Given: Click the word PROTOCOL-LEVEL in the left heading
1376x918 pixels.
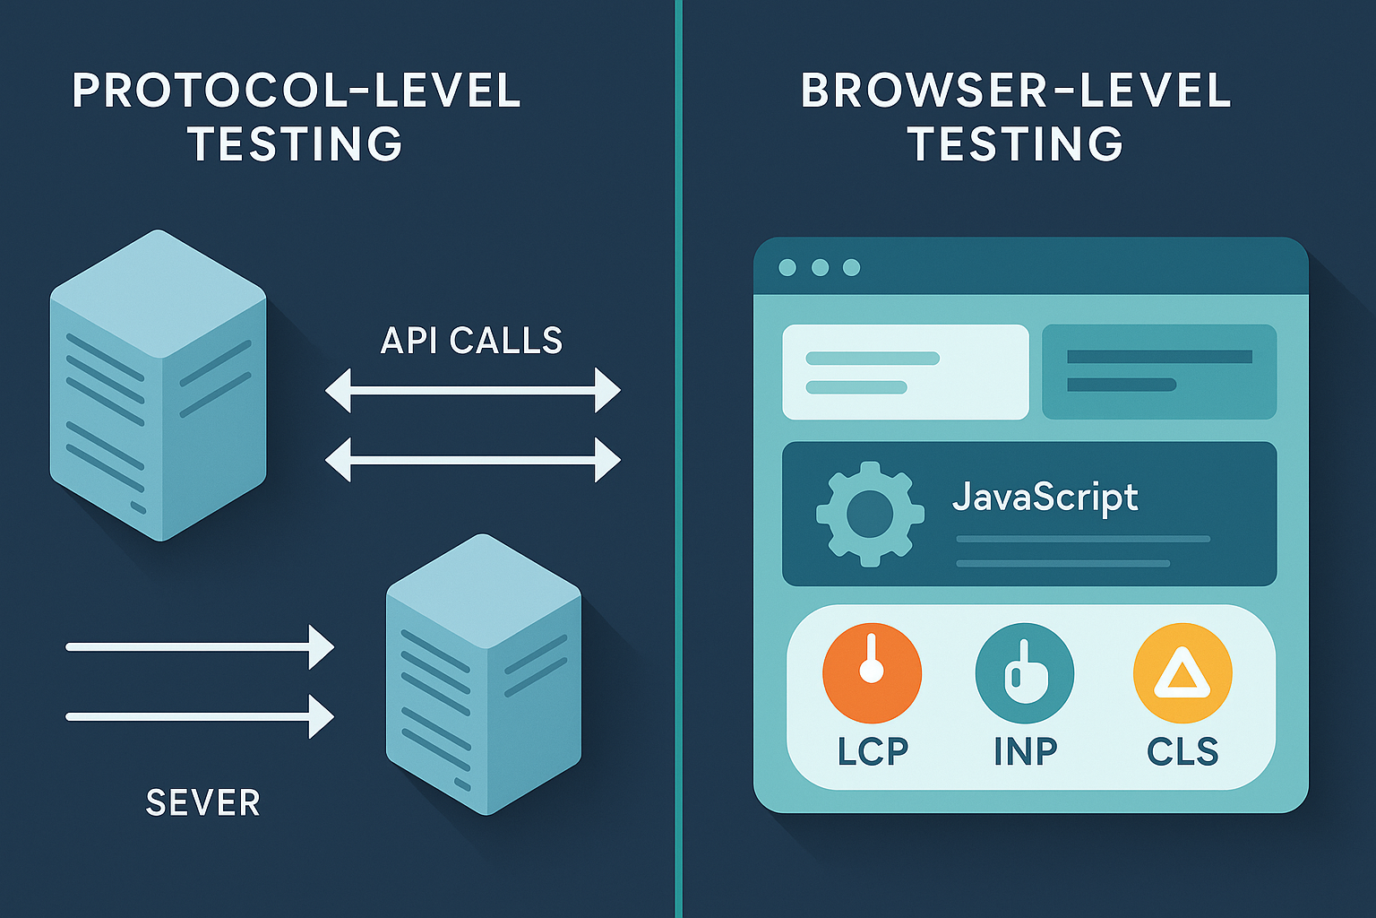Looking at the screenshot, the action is click(297, 91).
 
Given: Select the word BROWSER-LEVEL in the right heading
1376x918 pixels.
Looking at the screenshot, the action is click(1016, 91).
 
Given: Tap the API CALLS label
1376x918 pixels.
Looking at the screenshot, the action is click(471, 341).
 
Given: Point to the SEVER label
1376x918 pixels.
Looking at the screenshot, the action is click(202, 802).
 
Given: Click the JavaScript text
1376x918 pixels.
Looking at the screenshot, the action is click(1045, 498).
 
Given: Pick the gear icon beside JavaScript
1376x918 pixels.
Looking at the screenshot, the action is click(870, 514).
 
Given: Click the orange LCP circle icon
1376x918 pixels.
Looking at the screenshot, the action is click(872, 673).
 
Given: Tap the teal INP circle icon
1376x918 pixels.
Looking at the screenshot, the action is click(1025, 673).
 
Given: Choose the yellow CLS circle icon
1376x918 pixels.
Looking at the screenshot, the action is click(1182, 673).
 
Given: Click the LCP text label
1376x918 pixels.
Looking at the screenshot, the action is click(873, 751).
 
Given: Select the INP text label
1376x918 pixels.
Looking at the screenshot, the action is click(1025, 751).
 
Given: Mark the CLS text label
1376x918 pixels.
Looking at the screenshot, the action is click(1182, 751).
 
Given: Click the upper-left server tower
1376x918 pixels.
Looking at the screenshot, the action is click(158, 385).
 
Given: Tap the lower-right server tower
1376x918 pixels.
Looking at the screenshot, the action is click(484, 674).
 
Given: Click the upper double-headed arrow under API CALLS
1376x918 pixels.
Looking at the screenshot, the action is click(472, 391).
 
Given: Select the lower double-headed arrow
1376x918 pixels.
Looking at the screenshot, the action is click(472, 460).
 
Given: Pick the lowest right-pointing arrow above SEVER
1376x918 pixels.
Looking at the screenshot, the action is click(200, 716).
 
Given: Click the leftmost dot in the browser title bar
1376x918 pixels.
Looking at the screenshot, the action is click(787, 267).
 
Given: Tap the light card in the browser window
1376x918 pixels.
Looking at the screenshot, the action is click(906, 372).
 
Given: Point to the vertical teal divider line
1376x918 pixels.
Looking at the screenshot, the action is click(678, 459).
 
